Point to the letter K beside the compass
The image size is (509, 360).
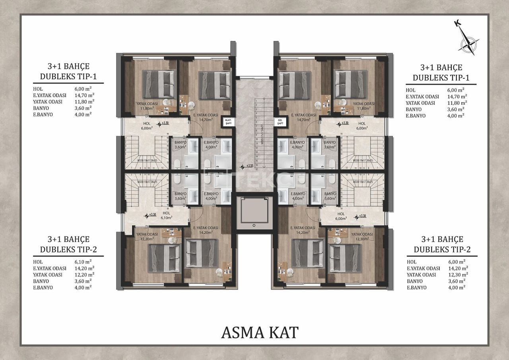458,23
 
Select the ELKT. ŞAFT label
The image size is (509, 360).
228,121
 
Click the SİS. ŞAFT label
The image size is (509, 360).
280,121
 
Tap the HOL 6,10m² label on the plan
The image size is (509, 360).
166,215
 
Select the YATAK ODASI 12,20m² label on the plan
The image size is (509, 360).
147,237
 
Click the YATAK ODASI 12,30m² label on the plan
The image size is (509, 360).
362,237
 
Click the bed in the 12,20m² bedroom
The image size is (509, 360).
163,259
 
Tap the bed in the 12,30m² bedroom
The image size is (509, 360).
345,259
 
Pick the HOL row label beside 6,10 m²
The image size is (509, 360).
38,262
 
